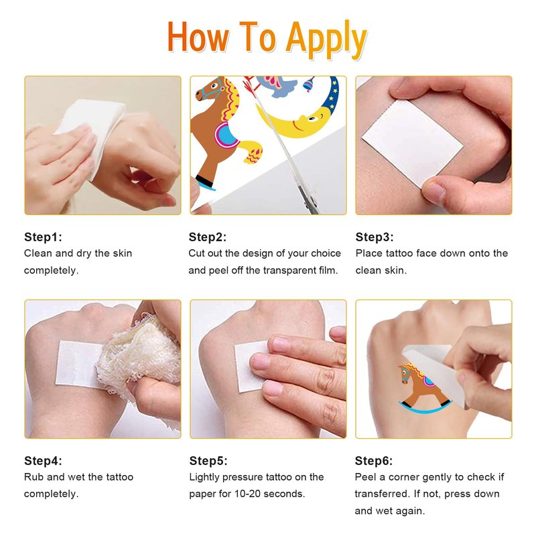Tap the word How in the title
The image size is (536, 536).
[x=198, y=37]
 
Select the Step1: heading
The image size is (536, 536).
[x=43, y=237]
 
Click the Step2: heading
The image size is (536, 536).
[x=208, y=237]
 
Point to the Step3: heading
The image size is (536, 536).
[x=375, y=237]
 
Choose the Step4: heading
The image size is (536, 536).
[x=43, y=461]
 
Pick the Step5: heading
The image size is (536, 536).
[x=208, y=461]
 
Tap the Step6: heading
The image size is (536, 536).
[x=374, y=461]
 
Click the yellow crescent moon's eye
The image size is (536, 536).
[x=312, y=119]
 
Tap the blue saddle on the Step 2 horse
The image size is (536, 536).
[x=226, y=135]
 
